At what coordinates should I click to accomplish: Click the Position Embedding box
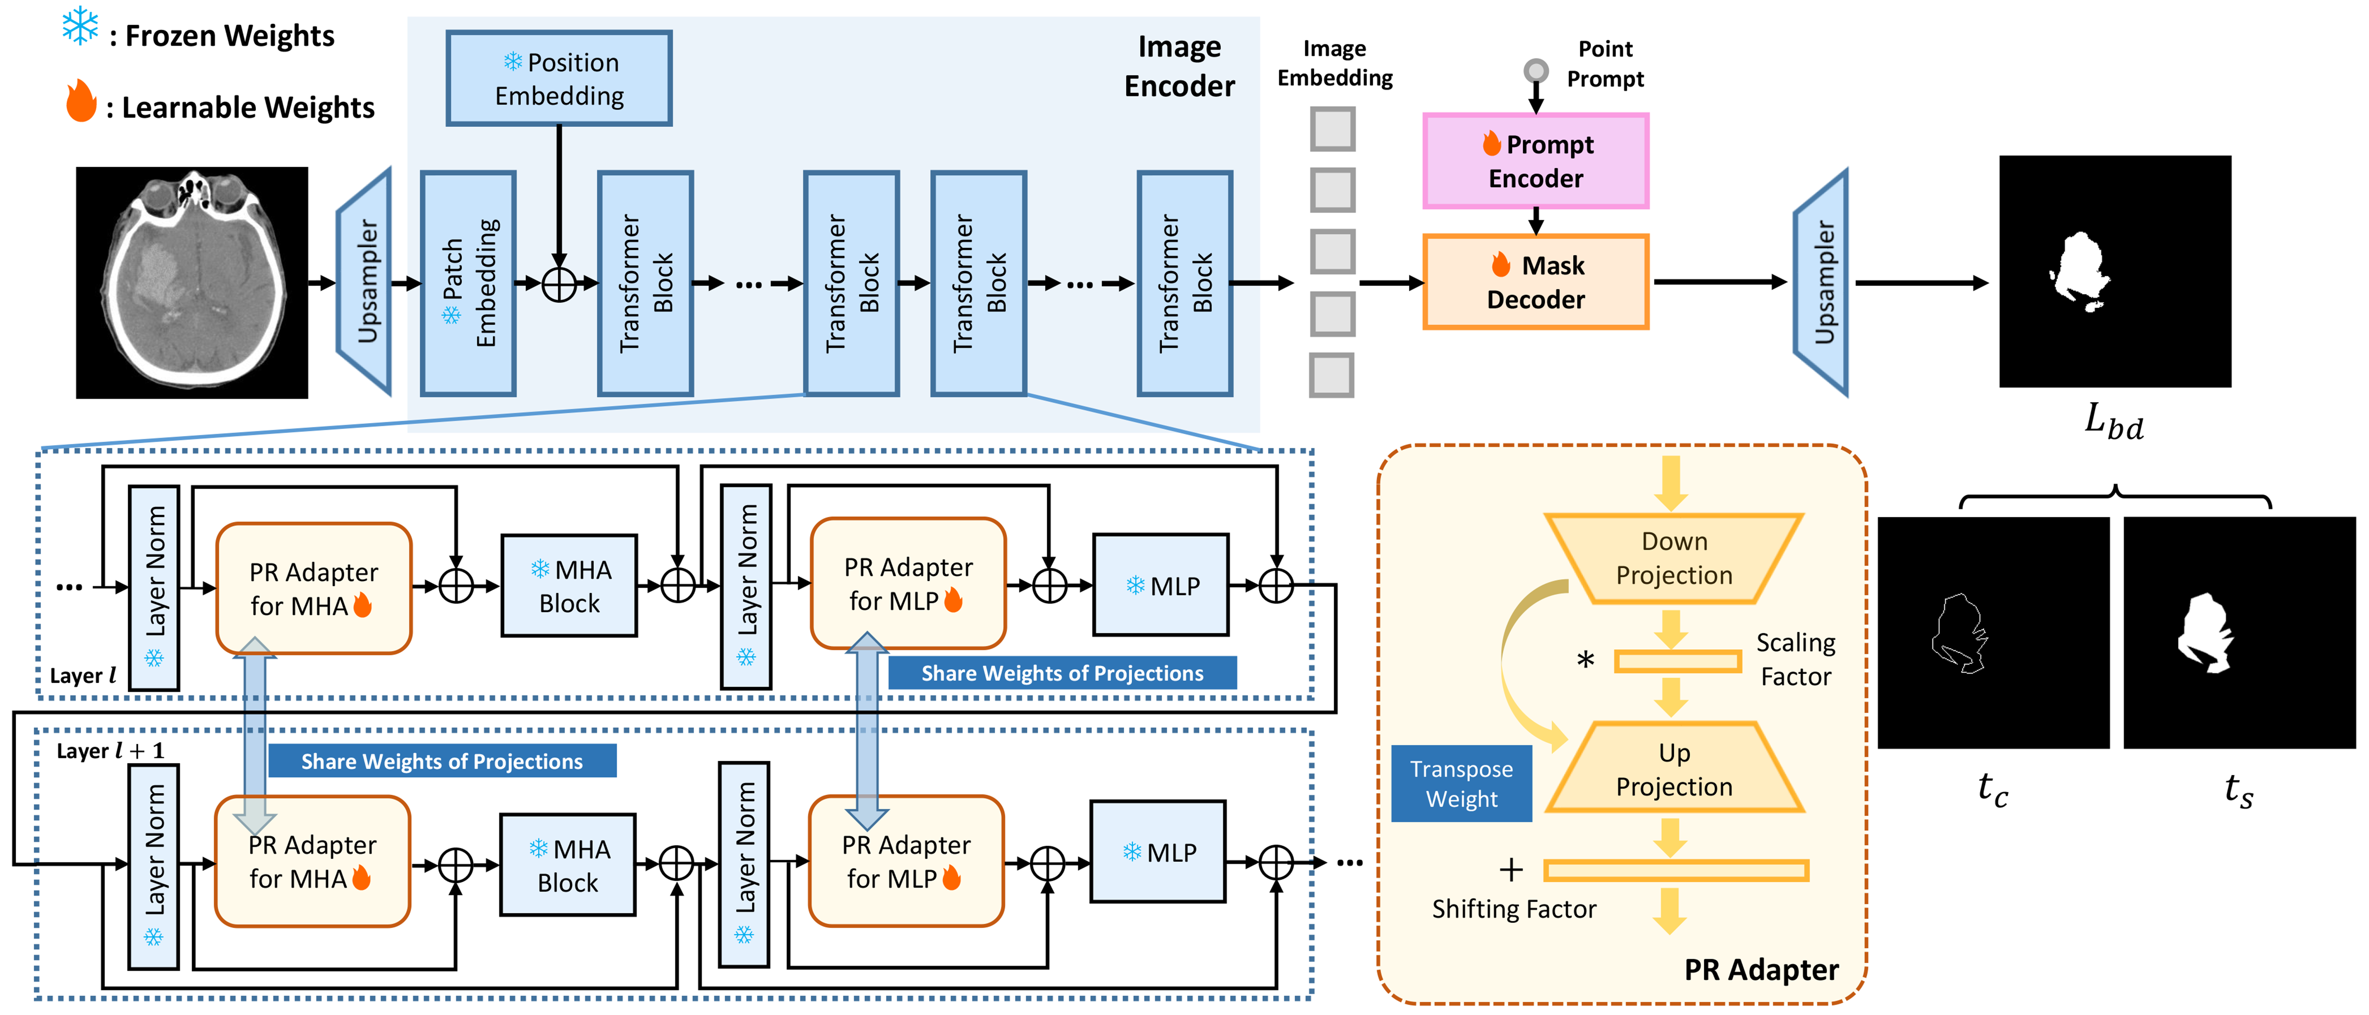559,78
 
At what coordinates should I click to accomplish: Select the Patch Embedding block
468,283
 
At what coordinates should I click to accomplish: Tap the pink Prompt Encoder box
1536,161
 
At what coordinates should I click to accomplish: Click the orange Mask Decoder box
1536,282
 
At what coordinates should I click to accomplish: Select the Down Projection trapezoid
1674,558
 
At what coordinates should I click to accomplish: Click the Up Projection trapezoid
1674,768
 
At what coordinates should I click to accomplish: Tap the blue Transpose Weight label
1461,783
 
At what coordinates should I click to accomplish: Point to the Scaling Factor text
1795,659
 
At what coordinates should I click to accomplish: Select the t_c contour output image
1993,633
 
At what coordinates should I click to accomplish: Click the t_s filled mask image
2240,633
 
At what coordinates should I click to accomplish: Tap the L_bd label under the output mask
2113,422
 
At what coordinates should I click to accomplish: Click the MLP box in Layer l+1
1158,851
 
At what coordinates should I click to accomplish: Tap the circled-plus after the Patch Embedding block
559,283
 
